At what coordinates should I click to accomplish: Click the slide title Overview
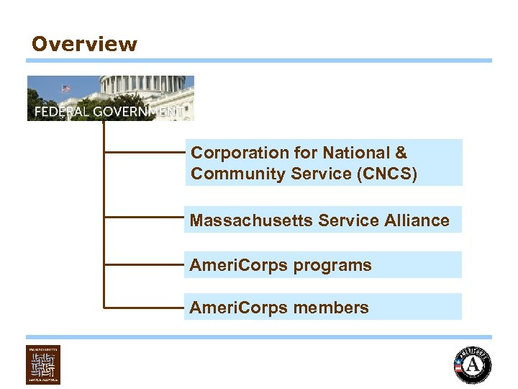click(84, 44)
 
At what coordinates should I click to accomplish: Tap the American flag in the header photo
click(66, 89)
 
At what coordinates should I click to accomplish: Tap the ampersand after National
click(401, 153)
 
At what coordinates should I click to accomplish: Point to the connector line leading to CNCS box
click(144, 153)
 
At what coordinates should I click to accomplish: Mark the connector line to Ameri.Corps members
click(144, 308)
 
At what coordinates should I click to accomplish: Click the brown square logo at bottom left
click(43, 365)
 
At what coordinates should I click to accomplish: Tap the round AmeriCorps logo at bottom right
click(473, 365)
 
